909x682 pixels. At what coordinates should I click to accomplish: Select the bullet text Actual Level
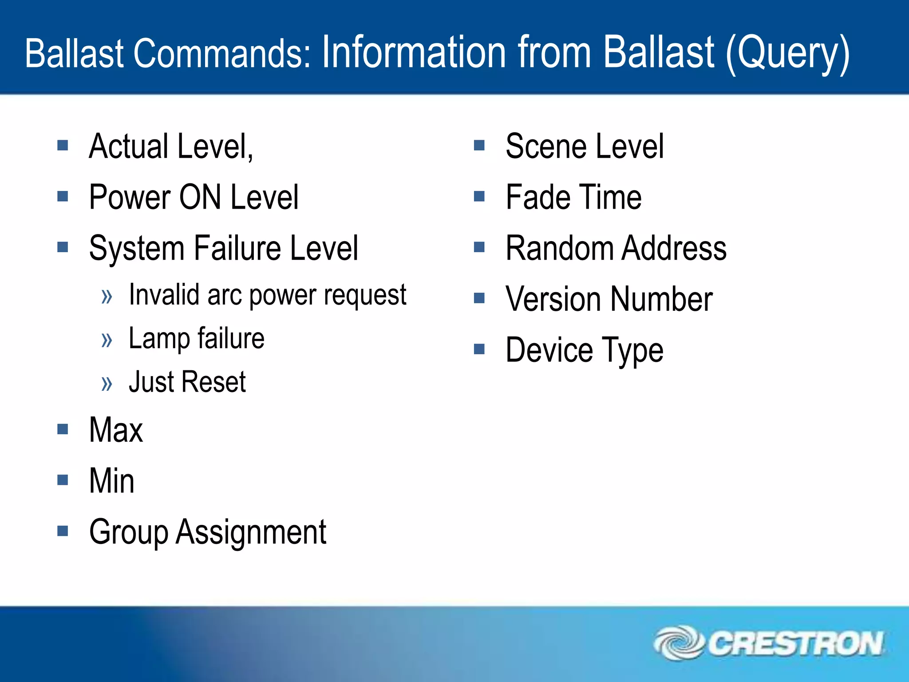[x=171, y=147]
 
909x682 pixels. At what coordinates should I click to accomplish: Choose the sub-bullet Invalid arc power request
[x=267, y=295]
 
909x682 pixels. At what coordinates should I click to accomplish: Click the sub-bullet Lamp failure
[x=196, y=339]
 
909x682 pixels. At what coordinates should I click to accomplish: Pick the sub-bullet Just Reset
[x=187, y=382]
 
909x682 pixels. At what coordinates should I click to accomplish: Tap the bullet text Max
[x=116, y=430]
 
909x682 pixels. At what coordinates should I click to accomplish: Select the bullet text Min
[x=111, y=481]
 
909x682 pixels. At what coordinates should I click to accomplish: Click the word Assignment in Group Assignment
[x=251, y=532]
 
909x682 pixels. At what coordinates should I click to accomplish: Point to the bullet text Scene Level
[x=585, y=147]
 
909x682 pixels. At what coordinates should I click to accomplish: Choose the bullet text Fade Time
[x=573, y=197]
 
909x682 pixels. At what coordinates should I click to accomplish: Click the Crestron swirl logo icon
[x=678, y=643]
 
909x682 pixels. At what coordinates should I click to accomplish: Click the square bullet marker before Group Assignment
[x=63, y=531]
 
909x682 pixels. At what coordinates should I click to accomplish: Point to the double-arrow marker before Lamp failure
[x=107, y=341]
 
